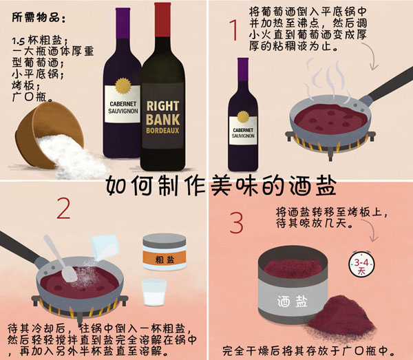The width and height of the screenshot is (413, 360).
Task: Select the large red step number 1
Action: pos(233,31)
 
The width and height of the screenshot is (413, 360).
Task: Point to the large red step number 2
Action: pos(64,209)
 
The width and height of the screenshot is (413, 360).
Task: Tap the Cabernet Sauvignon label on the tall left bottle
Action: pos(123,109)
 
